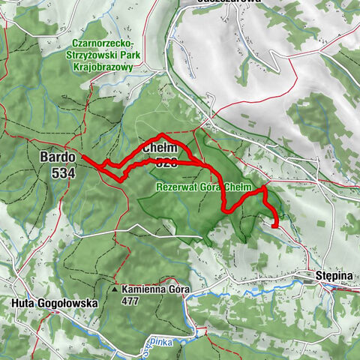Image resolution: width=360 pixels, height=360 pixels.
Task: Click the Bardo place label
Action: (x=57, y=157)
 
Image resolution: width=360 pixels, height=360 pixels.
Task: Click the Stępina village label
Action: (x=334, y=276)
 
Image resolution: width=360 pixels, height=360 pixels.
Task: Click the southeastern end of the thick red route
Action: (x=276, y=225)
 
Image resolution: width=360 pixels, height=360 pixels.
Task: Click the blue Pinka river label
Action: (x=158, y=340)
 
